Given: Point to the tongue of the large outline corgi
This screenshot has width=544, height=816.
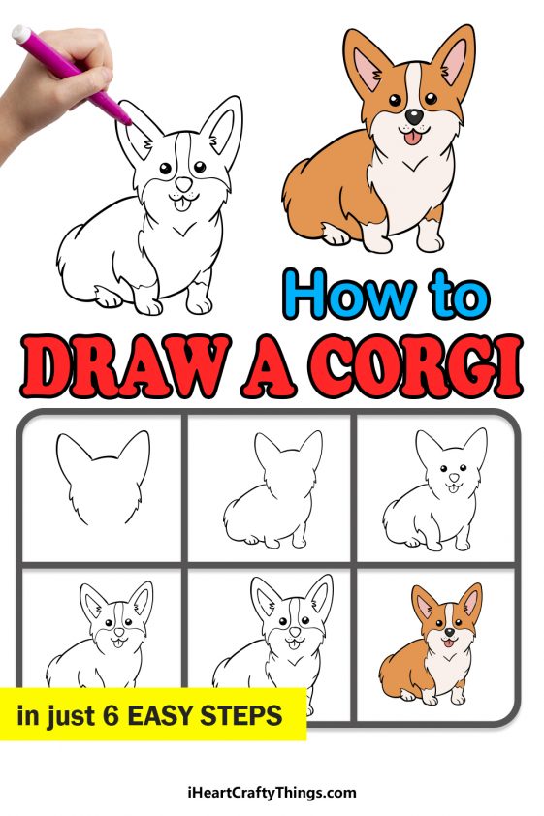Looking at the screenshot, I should click(x=181, y=202).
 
